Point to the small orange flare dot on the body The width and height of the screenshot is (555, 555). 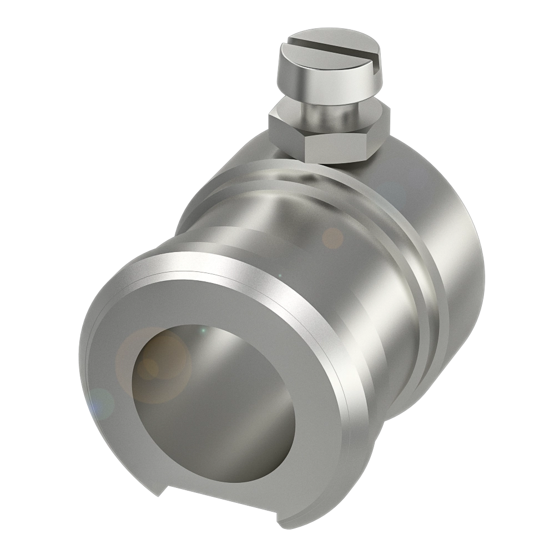coord(333,239)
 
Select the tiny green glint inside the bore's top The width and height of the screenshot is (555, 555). coord(203,331)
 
